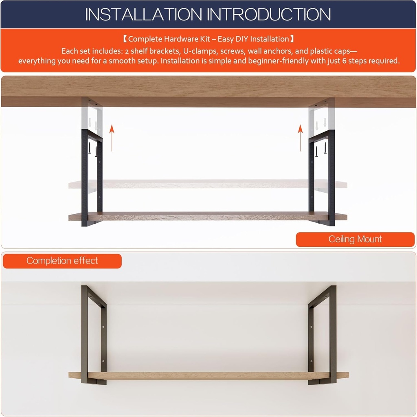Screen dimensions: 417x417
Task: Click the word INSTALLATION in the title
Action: tap(144, 14)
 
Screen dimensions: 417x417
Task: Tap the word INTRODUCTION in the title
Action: tap(269, 14)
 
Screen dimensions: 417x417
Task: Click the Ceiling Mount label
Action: tap(355, 239)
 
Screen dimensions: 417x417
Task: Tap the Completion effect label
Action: tap(62, 261)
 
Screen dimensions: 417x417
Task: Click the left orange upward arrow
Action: tap(112, 138)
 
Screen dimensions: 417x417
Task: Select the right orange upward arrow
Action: tap(300, 138)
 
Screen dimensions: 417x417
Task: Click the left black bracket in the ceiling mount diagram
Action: tap(85, 179)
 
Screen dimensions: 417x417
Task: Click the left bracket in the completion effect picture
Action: tap(85, 334)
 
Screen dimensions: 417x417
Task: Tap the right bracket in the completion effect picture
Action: tap(333, 334)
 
